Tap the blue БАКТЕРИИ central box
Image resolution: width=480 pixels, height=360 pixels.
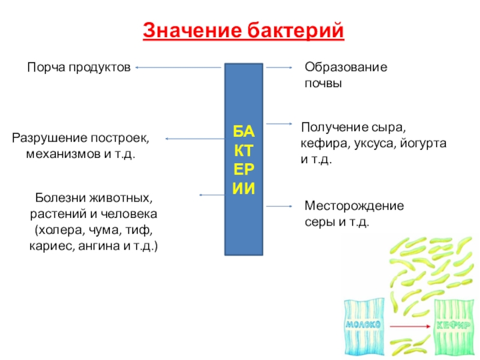click(244, 159)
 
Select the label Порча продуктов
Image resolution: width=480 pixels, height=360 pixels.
click(79, 68)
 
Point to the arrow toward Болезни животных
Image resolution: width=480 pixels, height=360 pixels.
click(211, 195)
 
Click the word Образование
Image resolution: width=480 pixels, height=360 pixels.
click(346, 68)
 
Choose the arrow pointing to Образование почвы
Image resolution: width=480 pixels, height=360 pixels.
click(279, 68)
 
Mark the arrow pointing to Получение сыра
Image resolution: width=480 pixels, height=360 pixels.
click(278, 124)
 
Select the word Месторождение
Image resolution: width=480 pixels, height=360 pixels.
click(354, 206)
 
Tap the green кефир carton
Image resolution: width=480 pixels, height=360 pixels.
click(454, 326)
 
